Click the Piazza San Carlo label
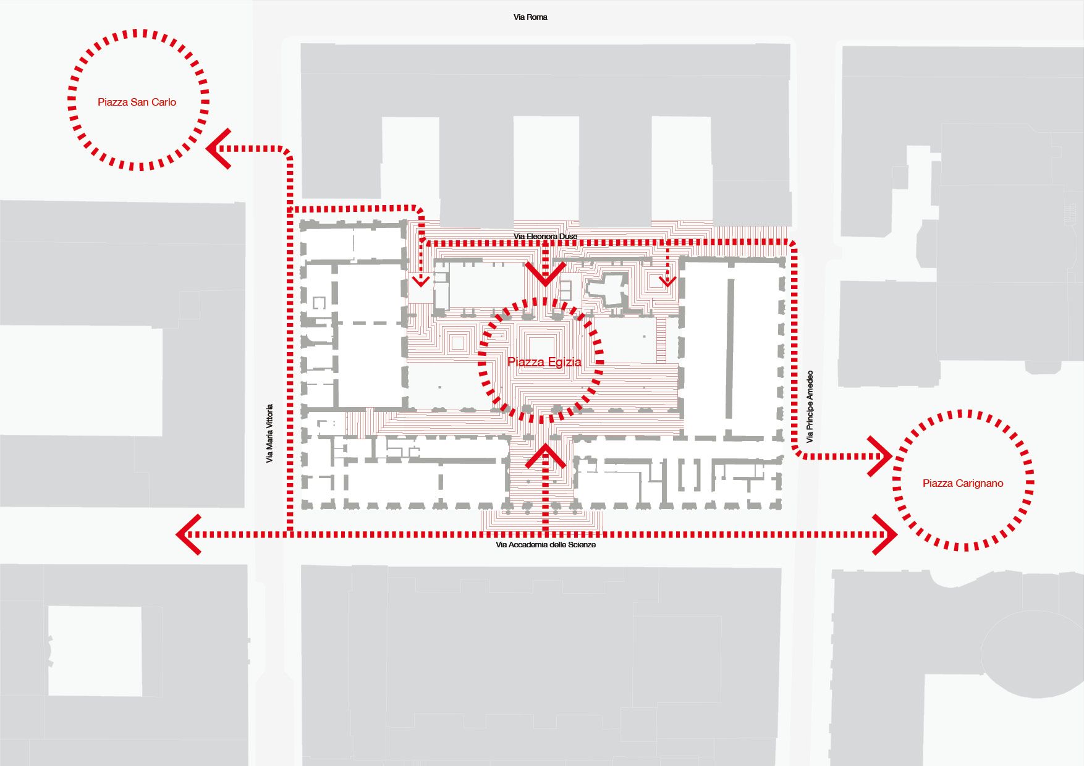click(137, 102)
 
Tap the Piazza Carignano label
click(962, 483)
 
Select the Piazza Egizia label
click(544, 362)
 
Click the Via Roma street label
click(530, 17)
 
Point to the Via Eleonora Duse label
click(545, 237)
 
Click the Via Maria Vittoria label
click(269, 434)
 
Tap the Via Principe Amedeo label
click(810, 406)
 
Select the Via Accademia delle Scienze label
click(545, 545)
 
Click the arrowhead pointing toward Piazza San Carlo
click(218, 149)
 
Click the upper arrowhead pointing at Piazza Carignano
click(880, 457)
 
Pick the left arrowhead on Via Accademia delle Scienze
click(188, 534)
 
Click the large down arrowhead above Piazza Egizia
click(545, 274)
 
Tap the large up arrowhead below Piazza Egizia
click(545, 455)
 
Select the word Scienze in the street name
click(582, 545)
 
